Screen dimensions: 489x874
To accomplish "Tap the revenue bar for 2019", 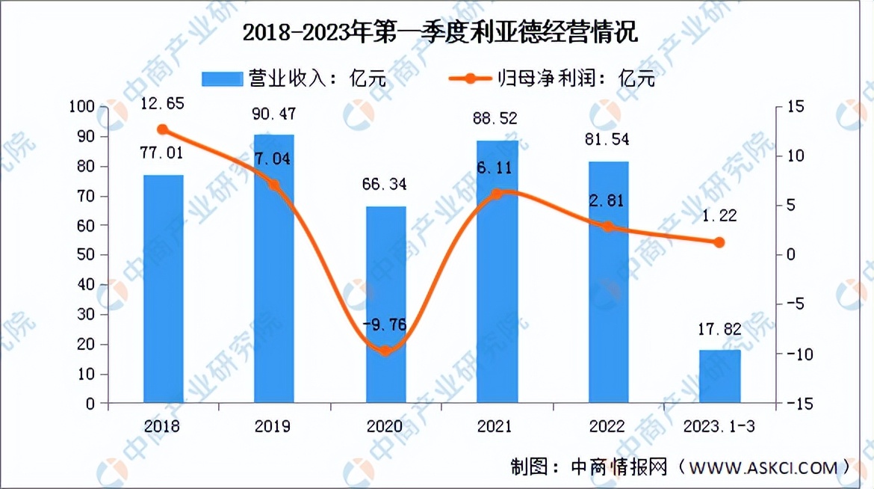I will pos(274,269).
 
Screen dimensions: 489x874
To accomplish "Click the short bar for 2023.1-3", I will pos(720,377).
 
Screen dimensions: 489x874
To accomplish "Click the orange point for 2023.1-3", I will pos(719,242).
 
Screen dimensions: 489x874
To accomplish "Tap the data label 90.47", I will pos(274,114).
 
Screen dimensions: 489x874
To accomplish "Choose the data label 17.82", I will pos(720,330).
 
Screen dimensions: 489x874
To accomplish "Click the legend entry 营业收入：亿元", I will pos(294,79).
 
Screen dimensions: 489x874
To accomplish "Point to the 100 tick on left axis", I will pos(84,107).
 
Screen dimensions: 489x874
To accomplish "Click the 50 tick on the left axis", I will pos(88,256).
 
